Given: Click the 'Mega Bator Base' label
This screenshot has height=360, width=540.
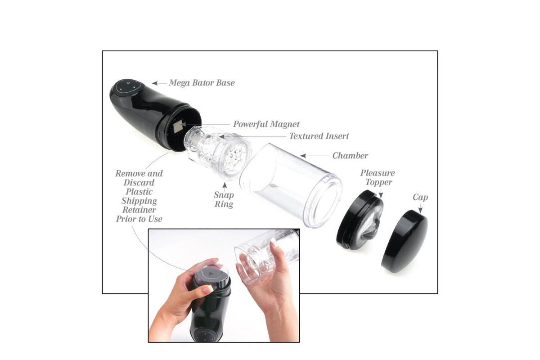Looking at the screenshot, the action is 202,83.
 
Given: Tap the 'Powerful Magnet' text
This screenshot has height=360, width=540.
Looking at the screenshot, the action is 266,124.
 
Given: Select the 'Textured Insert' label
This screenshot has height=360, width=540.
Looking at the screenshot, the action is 319,136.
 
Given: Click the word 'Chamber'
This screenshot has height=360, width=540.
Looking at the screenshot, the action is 350,156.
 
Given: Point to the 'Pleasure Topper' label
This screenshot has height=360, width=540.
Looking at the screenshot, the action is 378,177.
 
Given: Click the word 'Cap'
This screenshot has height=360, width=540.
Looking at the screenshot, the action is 420,197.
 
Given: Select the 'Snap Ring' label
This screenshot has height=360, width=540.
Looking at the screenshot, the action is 224,199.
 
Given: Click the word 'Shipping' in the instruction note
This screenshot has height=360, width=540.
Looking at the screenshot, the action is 139,201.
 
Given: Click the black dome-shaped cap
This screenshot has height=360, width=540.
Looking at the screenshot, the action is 405,241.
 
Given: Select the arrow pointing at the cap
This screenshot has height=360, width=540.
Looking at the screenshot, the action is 420,208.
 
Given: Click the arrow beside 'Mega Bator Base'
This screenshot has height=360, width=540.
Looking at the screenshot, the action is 159,83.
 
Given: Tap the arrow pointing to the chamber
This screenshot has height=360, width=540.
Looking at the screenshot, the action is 315,156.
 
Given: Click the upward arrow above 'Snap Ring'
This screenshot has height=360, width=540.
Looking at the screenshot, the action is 225,187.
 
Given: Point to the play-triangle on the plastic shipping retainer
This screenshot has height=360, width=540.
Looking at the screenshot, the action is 211,274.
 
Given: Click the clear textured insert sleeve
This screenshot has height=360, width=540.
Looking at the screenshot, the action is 217,152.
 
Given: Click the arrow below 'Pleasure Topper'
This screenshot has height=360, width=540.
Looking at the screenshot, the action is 381,193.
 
